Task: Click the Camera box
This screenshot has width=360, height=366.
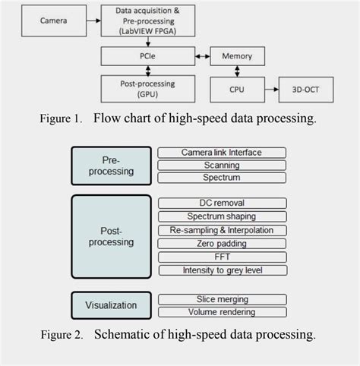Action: pyautogui.click(x=54, y=21)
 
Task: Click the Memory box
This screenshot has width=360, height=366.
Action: pyautogui.click(x=236, y=57)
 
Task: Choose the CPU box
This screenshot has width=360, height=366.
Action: pyautogui.click(x=236, y=89)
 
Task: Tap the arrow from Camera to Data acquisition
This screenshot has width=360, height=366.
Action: pyautogui.click(x=91, y=21)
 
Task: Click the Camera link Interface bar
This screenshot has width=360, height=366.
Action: pyautogui.click(x=222, y=153)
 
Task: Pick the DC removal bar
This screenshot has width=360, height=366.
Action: pyautogui.click(x=222, y=203)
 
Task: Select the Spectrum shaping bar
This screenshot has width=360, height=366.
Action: pyautogui.click(x=222, y=216)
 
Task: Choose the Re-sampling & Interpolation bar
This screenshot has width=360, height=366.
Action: pyautogui.click(x=222, y=230)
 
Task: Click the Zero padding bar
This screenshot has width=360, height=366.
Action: pyautogui.click(x=222, y=244)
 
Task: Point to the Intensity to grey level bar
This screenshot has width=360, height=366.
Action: pyautogui.click(x=222, y=270)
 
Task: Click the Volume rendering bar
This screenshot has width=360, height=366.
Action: pyautogui.click(x=222, y=311)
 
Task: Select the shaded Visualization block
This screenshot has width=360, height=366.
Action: pyautogui.click(x=111, y=305)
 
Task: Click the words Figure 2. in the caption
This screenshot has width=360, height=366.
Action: pyautogui.click(x=65, y=335)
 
